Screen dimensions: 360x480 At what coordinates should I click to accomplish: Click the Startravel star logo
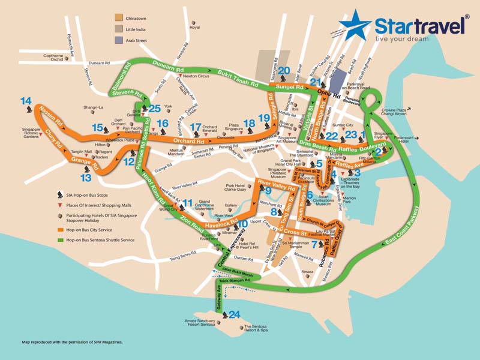355,26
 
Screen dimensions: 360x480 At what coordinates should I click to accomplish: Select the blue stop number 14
26,101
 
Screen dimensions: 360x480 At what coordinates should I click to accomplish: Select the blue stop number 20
284,70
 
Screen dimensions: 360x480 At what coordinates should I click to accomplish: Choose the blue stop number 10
242,224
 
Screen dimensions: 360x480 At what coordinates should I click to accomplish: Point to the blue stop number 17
196,127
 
